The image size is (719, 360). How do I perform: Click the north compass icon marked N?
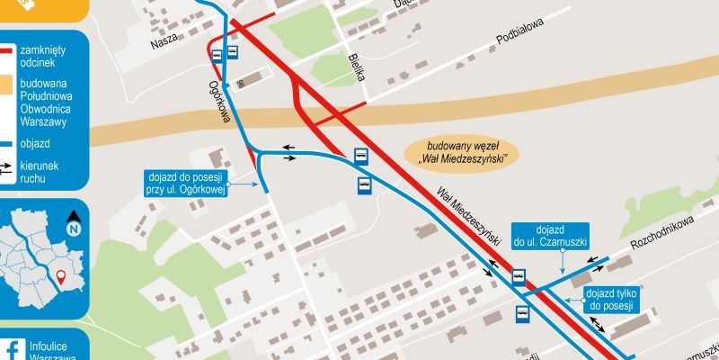pos(74,220)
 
